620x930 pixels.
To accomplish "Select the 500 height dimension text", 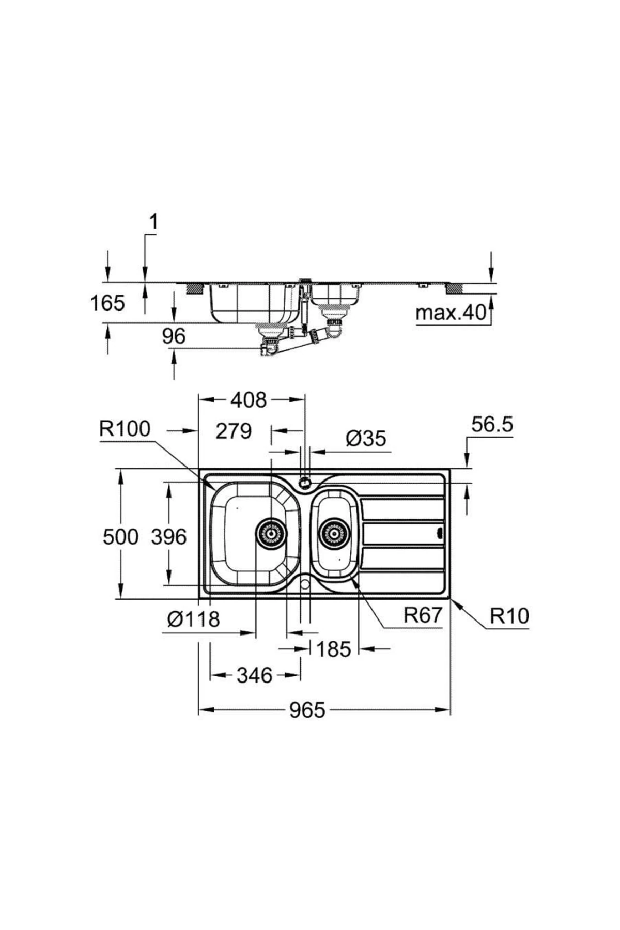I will tap(120, 537).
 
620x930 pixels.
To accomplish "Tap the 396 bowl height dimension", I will tap(168, 537).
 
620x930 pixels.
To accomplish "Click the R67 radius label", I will tap(423, 615).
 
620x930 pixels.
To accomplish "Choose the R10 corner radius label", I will tap(509, 616).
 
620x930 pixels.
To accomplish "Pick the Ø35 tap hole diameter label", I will tap(365, 439).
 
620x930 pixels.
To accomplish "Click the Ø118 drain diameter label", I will tap(193, 618).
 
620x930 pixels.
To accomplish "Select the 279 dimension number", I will tap(234, 430).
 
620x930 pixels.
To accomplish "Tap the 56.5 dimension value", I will tap(492, 424).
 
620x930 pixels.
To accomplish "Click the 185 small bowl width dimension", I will tap(333, 649).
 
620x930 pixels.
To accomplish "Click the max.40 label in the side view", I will tap(451, 313).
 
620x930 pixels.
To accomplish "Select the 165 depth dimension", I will tap(107, 303).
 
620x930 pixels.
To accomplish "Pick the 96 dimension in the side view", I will tap(174, 336).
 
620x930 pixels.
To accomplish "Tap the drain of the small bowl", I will tap(333, 532).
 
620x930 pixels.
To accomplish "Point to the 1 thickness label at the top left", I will tap(153, 222).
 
